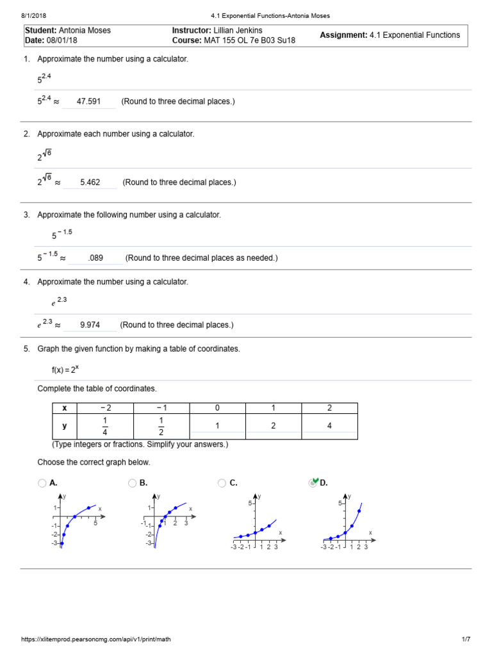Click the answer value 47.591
click(88, 101)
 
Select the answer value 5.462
click(90, 182)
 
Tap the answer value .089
click(95, 258)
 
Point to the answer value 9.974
click(90, 325)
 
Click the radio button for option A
click(42, 483)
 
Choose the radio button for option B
click(132, 483)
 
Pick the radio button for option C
click(222, 483)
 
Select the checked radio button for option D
click(313, 483)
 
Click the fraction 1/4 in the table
click(105, 426)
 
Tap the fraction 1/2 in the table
click(161, 426)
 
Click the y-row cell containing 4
click(329, 426)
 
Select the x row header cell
click(64, 408)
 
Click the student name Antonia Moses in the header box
click(85, 30)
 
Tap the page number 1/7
click(466, 639)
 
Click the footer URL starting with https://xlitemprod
click(96, 639)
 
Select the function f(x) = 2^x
click(65, 370)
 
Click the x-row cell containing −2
click(105, 408)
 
